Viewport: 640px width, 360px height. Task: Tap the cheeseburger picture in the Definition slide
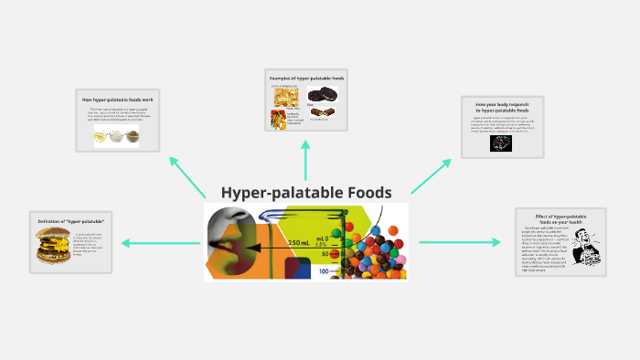point(51,245)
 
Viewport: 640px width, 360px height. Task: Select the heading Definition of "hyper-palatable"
point(71,223)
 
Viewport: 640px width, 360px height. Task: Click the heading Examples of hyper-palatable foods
point(305,79)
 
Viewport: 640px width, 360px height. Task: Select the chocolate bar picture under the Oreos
point(319,113)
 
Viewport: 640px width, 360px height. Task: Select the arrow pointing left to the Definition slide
point(155,243)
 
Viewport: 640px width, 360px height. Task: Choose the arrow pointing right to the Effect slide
point(461,242)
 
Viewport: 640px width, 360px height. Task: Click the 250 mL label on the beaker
point(298,243)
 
